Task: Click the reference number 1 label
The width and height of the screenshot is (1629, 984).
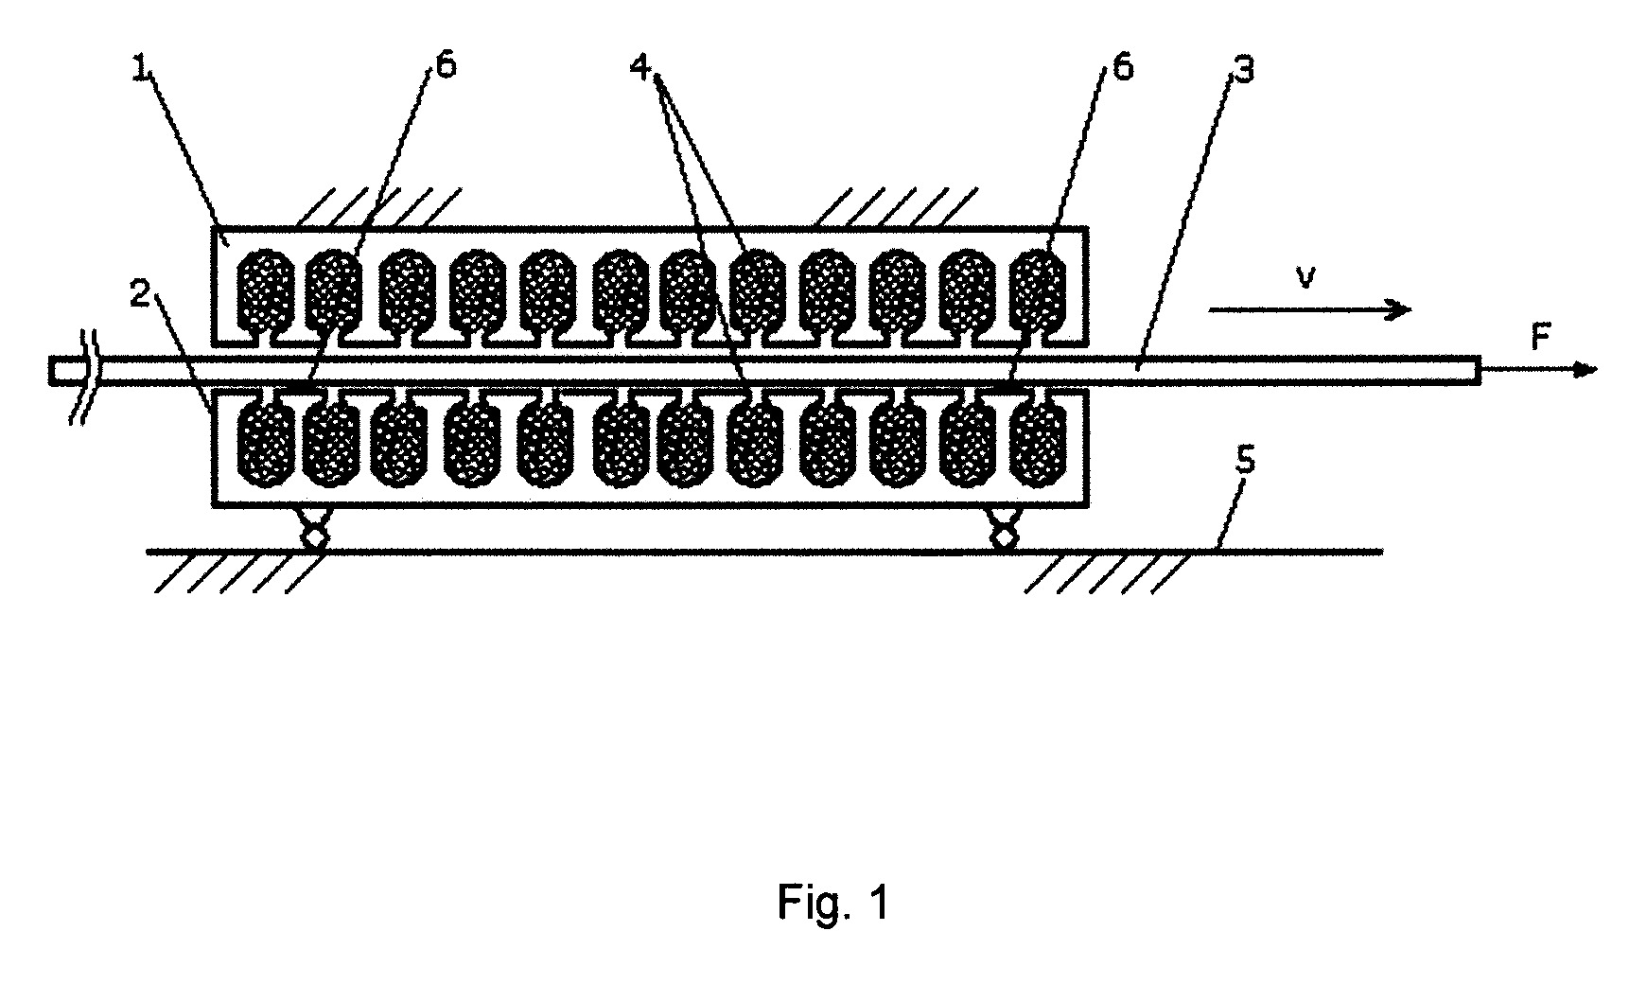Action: coord(141,72)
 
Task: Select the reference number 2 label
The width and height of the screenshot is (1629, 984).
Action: coord(141,296)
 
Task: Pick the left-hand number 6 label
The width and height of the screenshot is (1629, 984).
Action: coord(446,68)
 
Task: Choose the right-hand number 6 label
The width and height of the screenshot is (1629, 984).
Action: coord(1122,67)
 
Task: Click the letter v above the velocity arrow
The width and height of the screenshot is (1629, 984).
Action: coord(1305,280)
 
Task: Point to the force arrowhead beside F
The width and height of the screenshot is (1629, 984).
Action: coord(1586,370)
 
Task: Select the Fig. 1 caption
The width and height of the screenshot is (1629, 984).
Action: coord(833,903)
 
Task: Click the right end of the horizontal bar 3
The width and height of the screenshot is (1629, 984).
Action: coord(1480,370)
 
